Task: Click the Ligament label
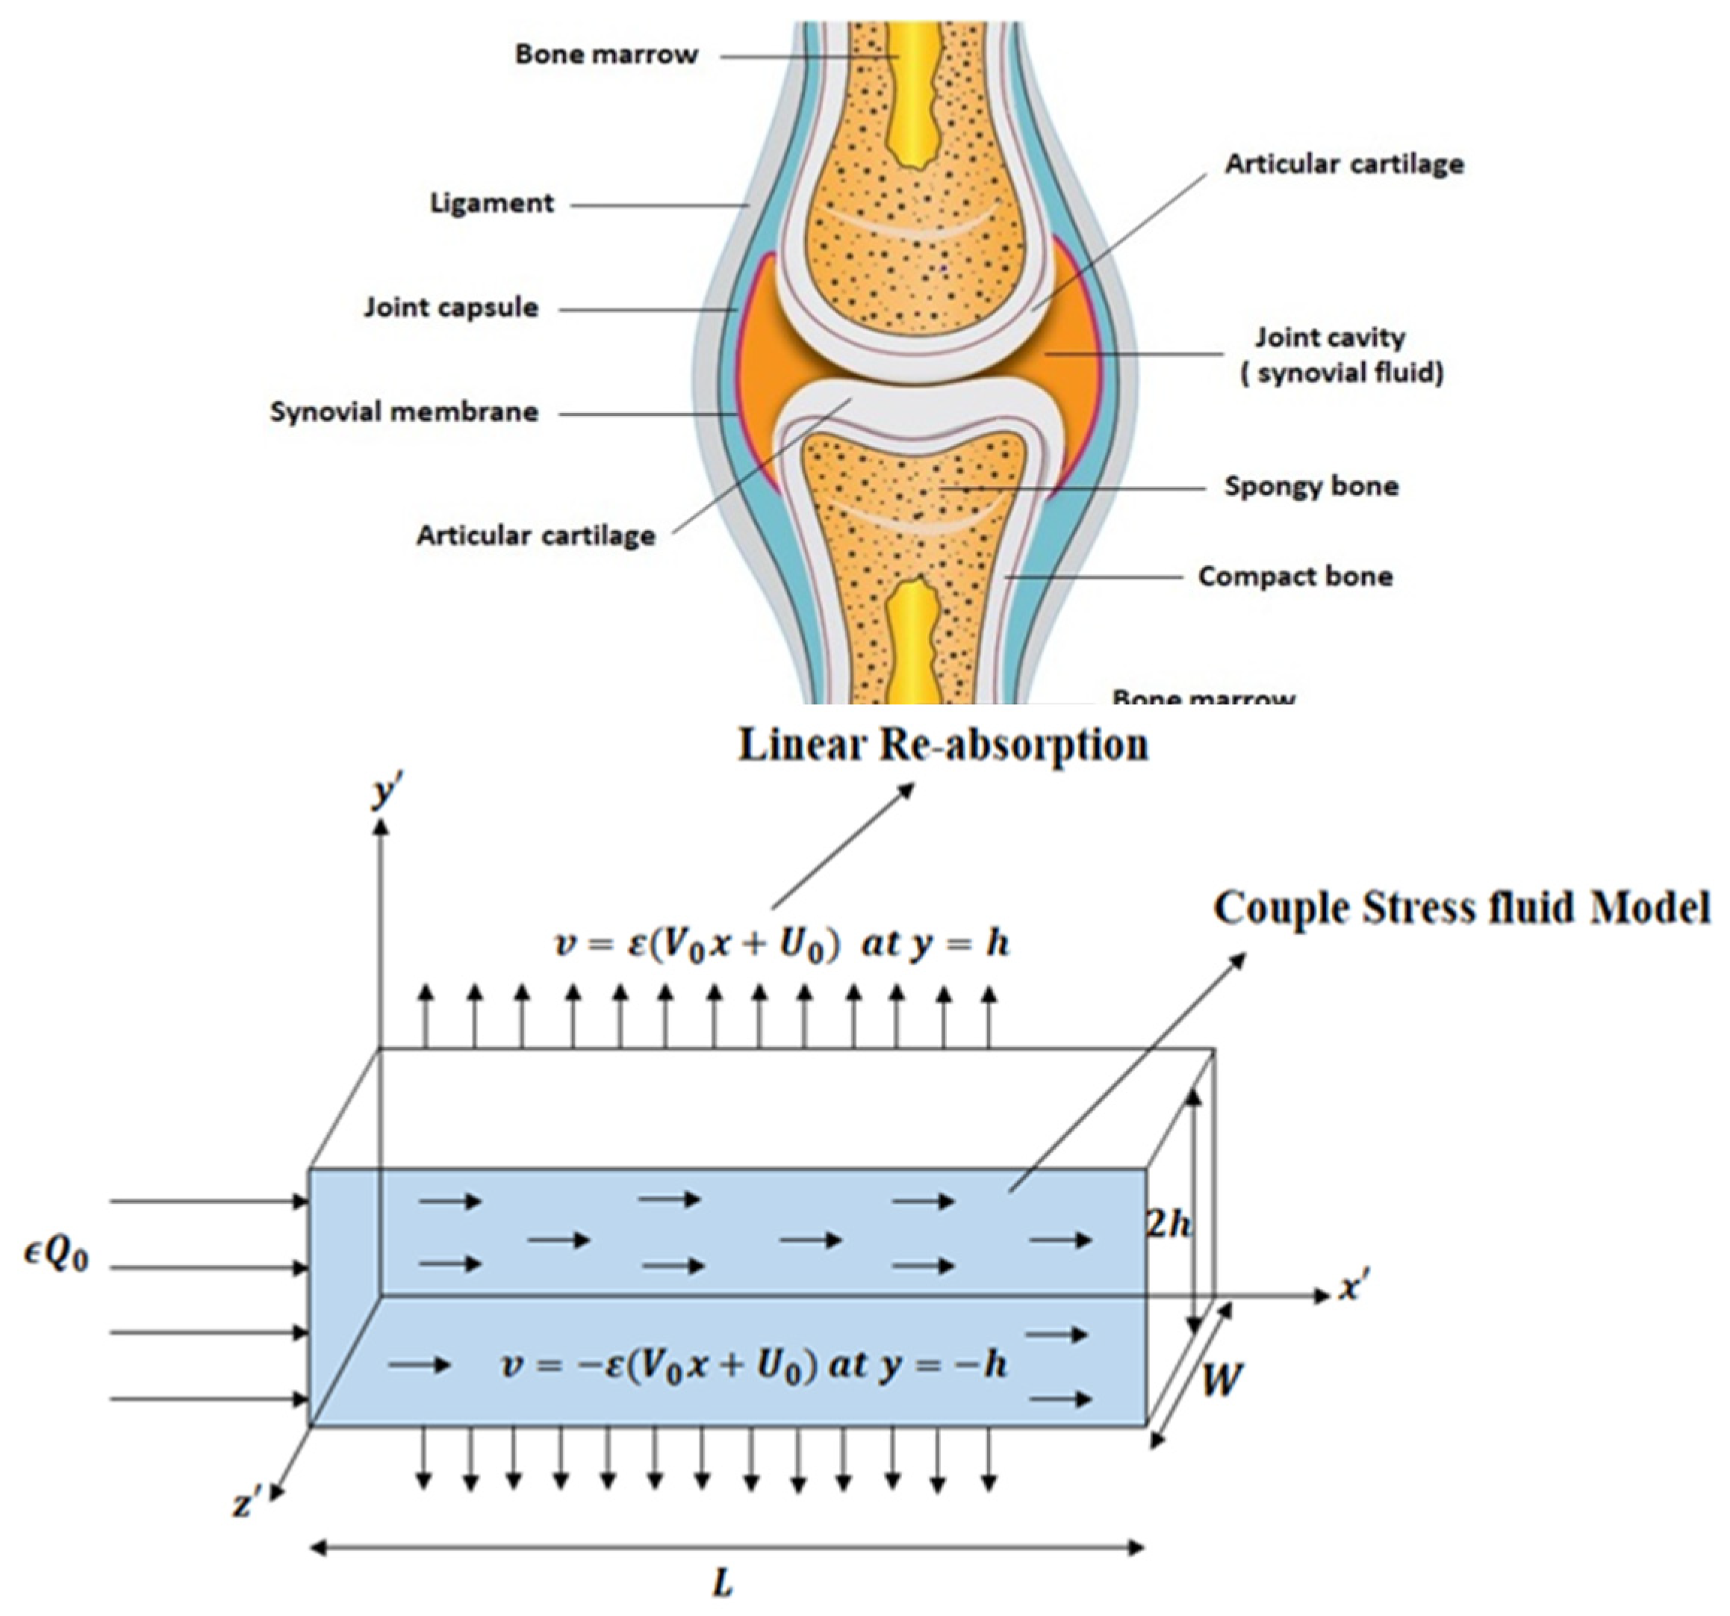tap(492, 204)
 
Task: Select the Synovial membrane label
tap(404, 411)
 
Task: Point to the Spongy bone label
tap(1310, 485)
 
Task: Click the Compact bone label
tap(1295, 576)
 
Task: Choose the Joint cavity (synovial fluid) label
tap(1341, 355)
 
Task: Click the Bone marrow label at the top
tap(606, 54)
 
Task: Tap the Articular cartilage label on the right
tap(1344, 164)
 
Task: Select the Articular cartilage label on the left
tap(535, 535)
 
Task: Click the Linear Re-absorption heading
tap(943, 745)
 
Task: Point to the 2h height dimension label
tap(1169, 1225)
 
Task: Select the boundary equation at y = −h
tap(753, 1364)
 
